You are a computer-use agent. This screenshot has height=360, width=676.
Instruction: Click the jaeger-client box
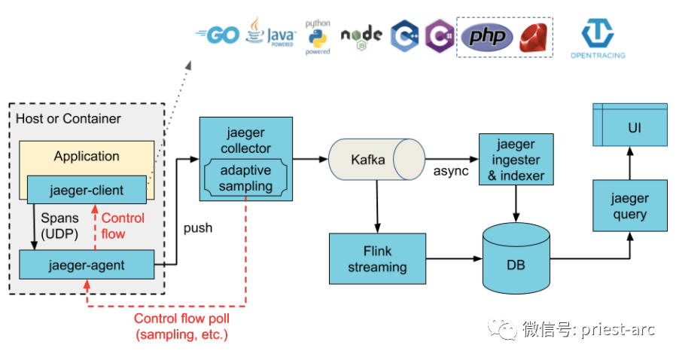pyautogui.click(x=87, y=189)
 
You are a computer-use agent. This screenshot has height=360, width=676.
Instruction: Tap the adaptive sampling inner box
pyautogui.click(x=246, y=178)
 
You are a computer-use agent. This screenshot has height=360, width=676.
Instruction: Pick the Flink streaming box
pyautogui.click(x=377, y=258)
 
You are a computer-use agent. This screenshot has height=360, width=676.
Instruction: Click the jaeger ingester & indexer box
pyautogui.click(x=516, y=160)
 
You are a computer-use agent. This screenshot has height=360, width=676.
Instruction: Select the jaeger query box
pyautogui.click(x=629, y=206)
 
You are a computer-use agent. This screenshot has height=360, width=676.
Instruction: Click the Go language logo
pyautogui.click(x=217, y=35)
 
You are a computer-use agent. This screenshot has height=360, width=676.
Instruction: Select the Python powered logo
pyautogui.click(x=318, y=37)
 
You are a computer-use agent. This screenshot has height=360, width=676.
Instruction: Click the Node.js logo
pyautogui.click(x=361, y=36)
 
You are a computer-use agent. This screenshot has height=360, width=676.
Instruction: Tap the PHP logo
pyautogui.click(x=487, y=37)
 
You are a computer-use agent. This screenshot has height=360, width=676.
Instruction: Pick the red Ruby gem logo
pyautogui.click(x=534, y=36)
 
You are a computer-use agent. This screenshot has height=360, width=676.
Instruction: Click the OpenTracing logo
pyautogui.click(x=602, y=38)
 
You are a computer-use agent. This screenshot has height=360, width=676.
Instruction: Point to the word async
pyautogui.click(x=451, y=171)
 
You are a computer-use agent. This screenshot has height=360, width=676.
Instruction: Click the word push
pyautogui.click(x=198, y=227)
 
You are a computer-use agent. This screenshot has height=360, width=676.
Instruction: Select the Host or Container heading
pyautogui.click(x=68, y=119)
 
